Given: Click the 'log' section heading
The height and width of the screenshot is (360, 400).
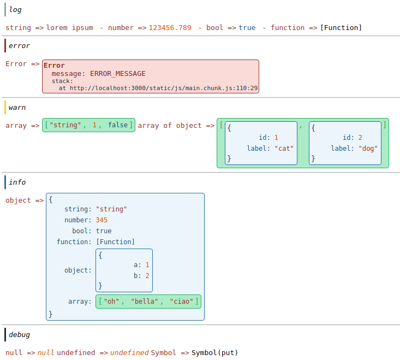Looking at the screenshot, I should pos(15,10).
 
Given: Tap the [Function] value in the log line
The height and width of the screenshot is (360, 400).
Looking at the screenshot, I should pos(341,28).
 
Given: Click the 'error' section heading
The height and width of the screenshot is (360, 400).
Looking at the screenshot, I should pos(19,46).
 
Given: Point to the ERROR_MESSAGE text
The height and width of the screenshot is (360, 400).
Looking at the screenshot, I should pos(117,74).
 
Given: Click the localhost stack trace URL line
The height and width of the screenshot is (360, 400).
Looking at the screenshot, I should pos(158,88).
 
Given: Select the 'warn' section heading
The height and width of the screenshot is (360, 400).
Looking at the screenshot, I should pos(17,108).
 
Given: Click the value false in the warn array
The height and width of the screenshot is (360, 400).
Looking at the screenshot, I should pos(117,126).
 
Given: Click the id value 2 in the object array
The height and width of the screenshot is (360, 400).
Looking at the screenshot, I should pos(360,138).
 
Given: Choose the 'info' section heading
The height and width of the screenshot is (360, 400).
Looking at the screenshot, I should pos(17,182).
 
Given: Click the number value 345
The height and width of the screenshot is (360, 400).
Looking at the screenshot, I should pos(102,220).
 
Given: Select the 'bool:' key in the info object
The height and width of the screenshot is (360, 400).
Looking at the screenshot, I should pos(81,231).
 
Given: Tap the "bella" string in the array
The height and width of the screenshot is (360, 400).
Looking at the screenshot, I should pos(146,302).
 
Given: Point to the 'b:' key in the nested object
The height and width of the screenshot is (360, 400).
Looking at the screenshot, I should pos(138,276).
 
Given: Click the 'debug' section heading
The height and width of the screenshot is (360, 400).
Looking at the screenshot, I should pos(19,334).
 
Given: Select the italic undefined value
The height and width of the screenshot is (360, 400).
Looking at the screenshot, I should pos(129,353).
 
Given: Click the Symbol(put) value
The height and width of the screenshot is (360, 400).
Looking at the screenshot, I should pos(214,353).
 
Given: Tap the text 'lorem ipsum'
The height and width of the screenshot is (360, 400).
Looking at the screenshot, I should pos(70,28).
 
